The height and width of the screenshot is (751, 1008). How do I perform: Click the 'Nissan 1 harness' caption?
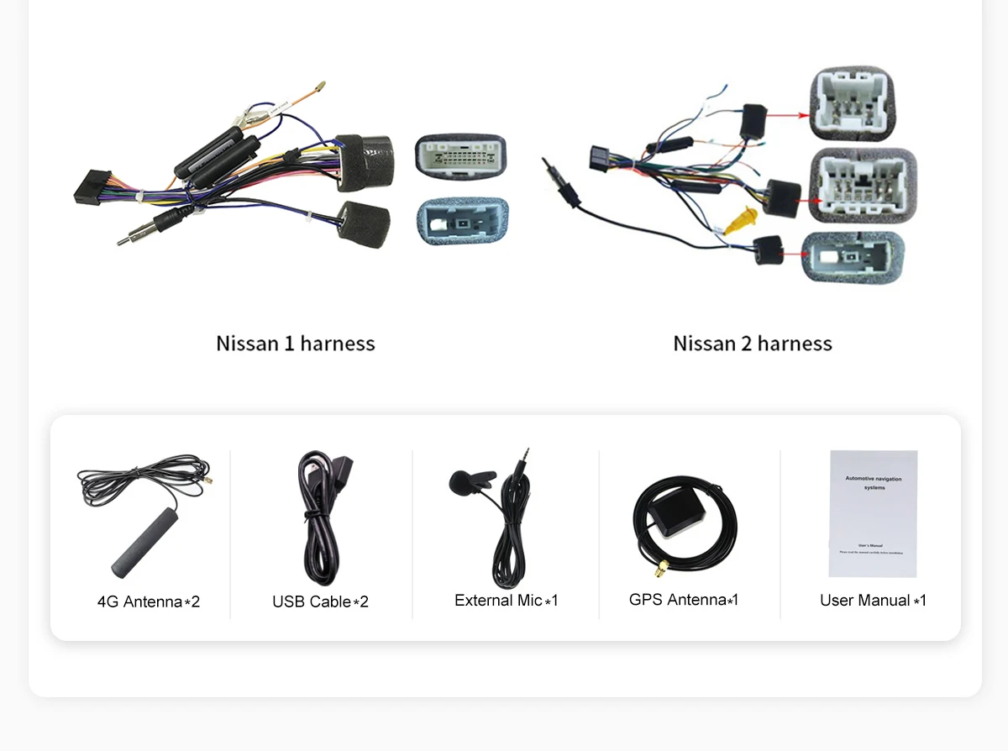pyautogui.click(x=295, y=344)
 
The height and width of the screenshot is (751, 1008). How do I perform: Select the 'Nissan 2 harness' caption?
pyautogui.click(x=752, y=344)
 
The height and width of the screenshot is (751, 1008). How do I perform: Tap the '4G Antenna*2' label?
pyautogui.click(x=149, y=601)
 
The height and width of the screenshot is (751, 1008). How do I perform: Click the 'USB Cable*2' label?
pyautogui.click(x=320, y=601)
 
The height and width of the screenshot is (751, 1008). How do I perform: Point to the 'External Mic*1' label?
pyautogui.click(x=506, y=601)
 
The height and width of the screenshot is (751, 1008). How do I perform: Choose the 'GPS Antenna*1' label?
pyautogui.click(x=684, y=600)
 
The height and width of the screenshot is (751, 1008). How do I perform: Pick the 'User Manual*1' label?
pyautogui.click(x=873, y=601)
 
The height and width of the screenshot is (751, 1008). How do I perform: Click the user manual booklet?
pyautogui.click(x=873, y=513)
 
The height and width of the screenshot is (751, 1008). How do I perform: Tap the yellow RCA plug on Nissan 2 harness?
pyautogui.click(x=739, y=220)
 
